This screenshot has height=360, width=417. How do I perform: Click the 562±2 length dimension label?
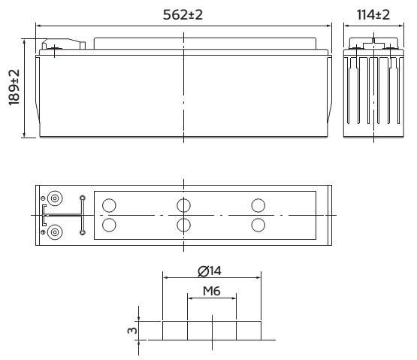coord(183,14)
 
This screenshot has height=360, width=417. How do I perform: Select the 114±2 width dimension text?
coord(373,14)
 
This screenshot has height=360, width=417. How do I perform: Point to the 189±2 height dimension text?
coord(14,87)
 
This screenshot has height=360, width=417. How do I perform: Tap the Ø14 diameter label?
coord(210,271)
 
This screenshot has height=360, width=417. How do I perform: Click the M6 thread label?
coord(212,291)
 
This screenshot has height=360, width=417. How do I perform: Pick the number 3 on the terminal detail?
coord(132,331)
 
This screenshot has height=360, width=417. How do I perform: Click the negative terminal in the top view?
coord(55,198)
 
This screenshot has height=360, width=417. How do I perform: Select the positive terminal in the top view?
coord(55,232)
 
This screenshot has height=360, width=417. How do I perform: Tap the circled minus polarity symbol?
coord(43,198)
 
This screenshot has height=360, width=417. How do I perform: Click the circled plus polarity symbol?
coord(43,232)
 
